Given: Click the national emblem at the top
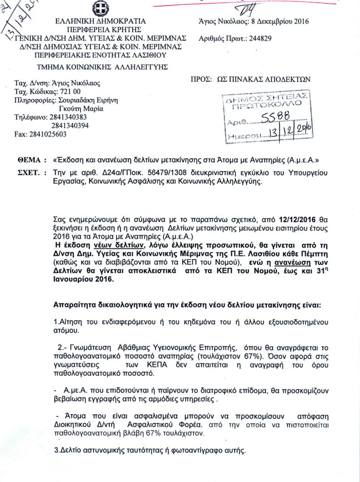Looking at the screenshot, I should click(x=100, y=8).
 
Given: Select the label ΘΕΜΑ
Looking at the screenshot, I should click(x=32, y=160).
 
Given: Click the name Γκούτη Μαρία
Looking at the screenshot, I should click(x=77, y=108).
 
